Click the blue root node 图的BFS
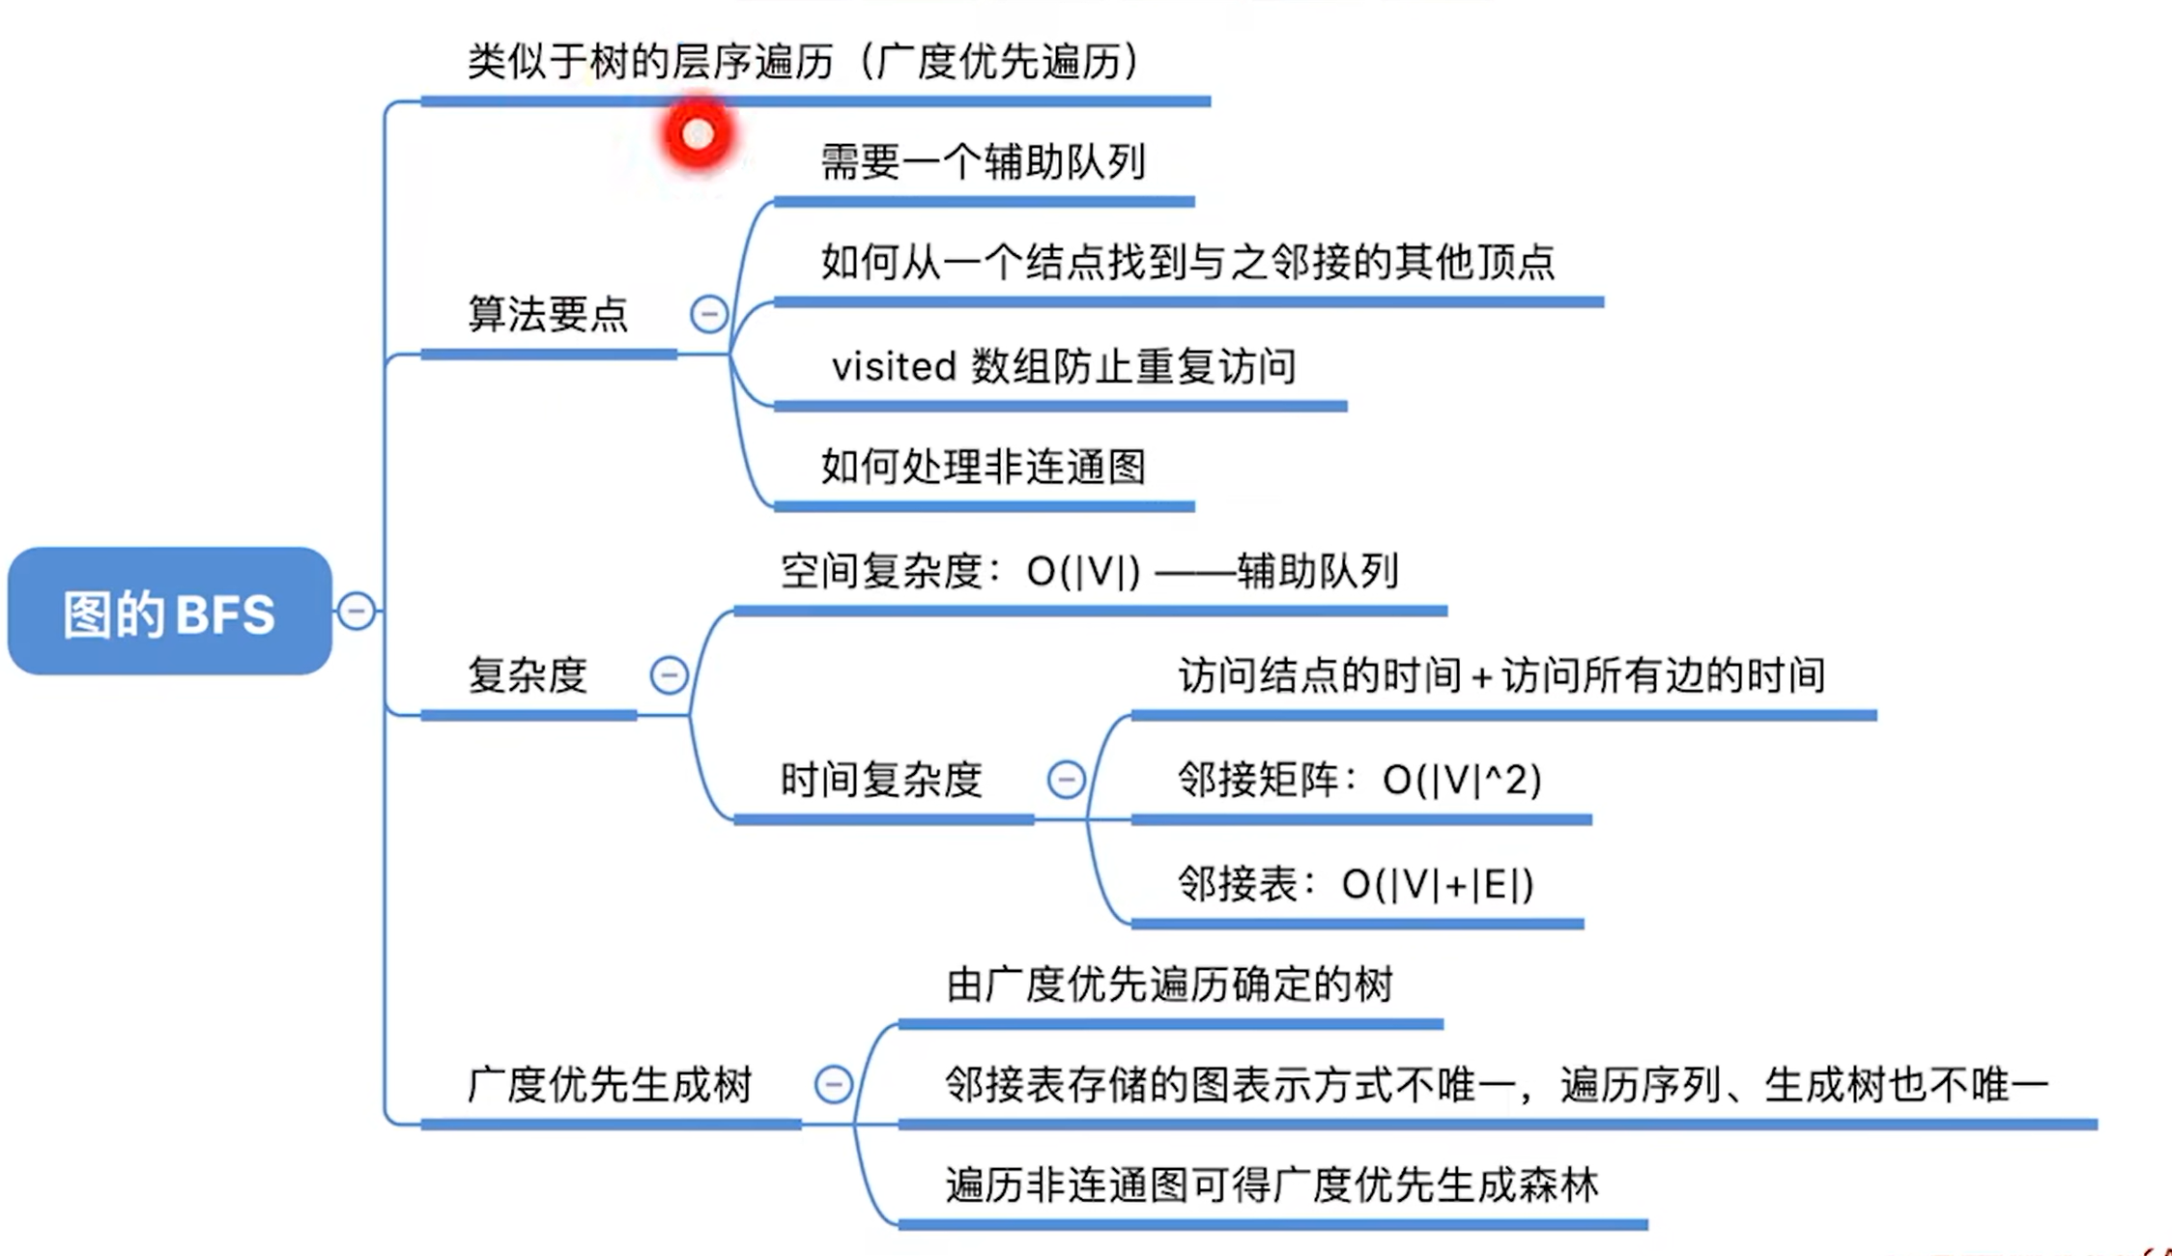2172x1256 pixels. click(x=170, y=612)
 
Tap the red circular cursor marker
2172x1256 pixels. click(x=698, y=134)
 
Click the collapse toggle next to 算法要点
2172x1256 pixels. click(x=708, y=314)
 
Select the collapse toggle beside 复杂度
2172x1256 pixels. click(x=669, y=674)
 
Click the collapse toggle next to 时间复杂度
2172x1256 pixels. click(x=1066, y=779)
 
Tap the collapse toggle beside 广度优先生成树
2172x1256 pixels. click(x=833, y=1084)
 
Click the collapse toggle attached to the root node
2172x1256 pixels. click(x=356, y=611)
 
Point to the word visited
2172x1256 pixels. click(x=894, y=366)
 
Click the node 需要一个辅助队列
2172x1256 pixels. click(x=983, y=161)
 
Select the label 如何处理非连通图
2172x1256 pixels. click(x=983, y=467)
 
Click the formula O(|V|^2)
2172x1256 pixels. click(x=1462, y=780)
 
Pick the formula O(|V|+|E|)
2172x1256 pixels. click(x=1438, y=884)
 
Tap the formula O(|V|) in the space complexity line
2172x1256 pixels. click(x=1083, y=572)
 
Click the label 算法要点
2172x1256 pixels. click(x=548, y=314)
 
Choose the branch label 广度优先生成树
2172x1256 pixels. click(x=610, y=1084)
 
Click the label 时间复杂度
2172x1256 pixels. click(x=881, y=779)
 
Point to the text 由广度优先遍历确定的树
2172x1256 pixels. click(x=1169, y=985)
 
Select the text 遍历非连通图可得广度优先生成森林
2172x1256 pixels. click(x=1272, y=1185)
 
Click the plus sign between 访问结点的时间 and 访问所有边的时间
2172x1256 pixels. click(x=1481, y=677)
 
